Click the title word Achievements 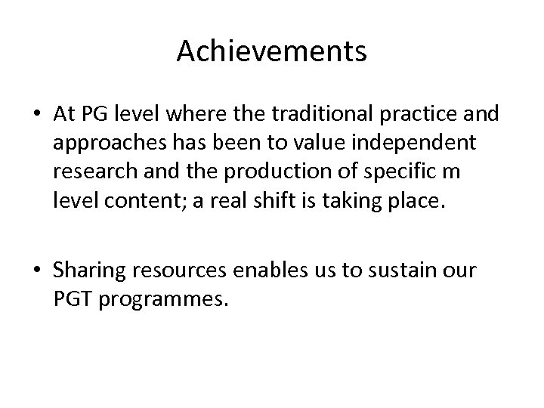tap(272, 51)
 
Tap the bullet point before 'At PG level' tap(37, 114)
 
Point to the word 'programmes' tap(160, 299)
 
